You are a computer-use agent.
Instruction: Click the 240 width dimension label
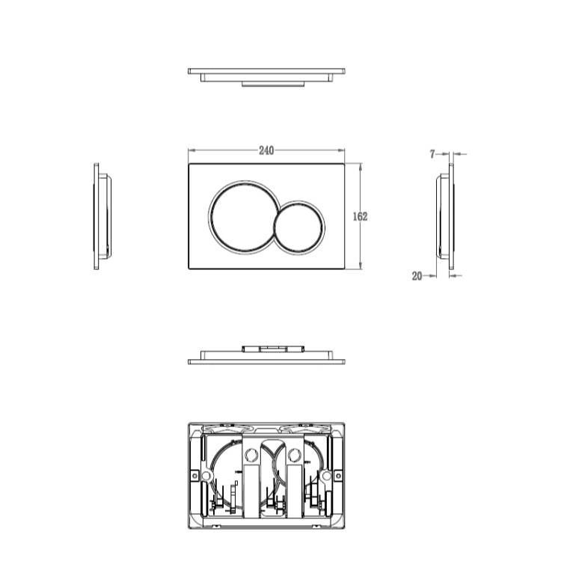[266, 150]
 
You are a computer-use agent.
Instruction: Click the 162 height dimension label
[360, 216]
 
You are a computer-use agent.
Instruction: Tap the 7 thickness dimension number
[432, 154]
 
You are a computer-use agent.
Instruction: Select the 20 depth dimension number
[417, 276]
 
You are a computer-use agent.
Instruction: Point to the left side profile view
[102, 216]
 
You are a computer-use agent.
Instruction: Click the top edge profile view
[266, 77]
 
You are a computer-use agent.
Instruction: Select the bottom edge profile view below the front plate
[266, 355]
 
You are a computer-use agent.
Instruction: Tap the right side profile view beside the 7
[446, 216]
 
